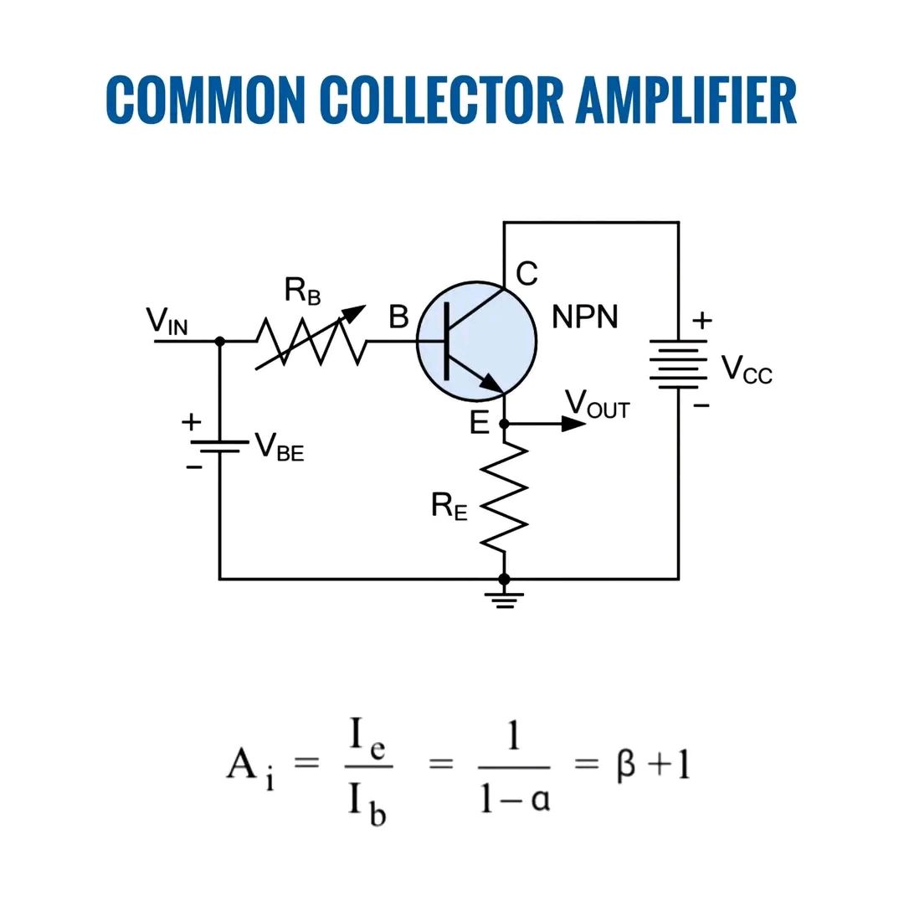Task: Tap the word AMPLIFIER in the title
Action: [x=686, y=100]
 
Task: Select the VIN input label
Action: [x=167, y=321]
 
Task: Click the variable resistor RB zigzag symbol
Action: [x=311, y=342]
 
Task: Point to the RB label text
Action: [x=302, y=291]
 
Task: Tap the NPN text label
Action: [x=584, y=317]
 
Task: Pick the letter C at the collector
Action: [x=526, y=274]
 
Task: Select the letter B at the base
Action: [x=398, y=317]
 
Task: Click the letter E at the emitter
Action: [x=480, y=423]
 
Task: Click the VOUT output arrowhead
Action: [x=573, y=424]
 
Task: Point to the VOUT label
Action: [x=598, y=404]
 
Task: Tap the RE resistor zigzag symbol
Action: [x=504, y=498]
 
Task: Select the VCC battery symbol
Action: [x=679, y=364]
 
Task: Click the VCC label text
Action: [x=747, y=369]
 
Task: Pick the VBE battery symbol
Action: [x=220, y=446]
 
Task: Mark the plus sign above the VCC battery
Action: [x=702, y=321]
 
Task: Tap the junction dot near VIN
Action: [x=220, y=342]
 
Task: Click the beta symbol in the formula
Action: [x=625, y=765]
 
